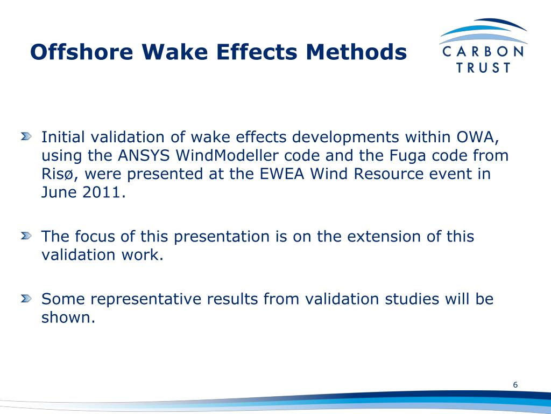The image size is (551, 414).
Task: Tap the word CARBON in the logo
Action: [482, 52]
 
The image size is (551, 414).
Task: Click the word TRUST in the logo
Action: [483, 68]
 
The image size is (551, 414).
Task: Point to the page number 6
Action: [515, 385]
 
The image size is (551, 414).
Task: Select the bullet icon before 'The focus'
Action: [26, 236]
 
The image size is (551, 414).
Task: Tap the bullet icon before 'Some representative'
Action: [26, 299]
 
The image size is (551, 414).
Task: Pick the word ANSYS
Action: [142, 156]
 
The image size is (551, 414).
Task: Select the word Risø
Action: [60, 175]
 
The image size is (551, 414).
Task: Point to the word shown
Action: [68, 318]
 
